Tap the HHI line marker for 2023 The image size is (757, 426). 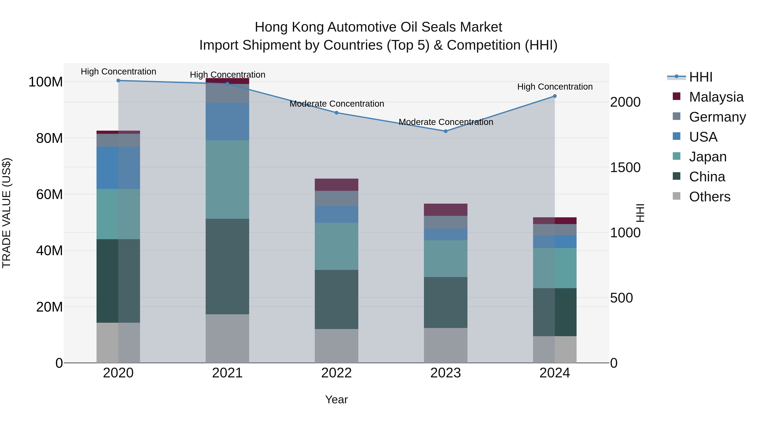pyautogui.click(x=446, y=131)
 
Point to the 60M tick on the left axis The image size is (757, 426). pyautogui.click(x=49, y=194)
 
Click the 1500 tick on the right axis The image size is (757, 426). pyautogui.click(x=625, y=168)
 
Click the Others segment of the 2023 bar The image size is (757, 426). pyautogui.click(x=446, y=345)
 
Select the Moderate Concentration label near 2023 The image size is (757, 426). pyautogui.click(x=446, y=122)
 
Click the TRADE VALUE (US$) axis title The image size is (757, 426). pyautogui.click(x=7, y=213)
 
